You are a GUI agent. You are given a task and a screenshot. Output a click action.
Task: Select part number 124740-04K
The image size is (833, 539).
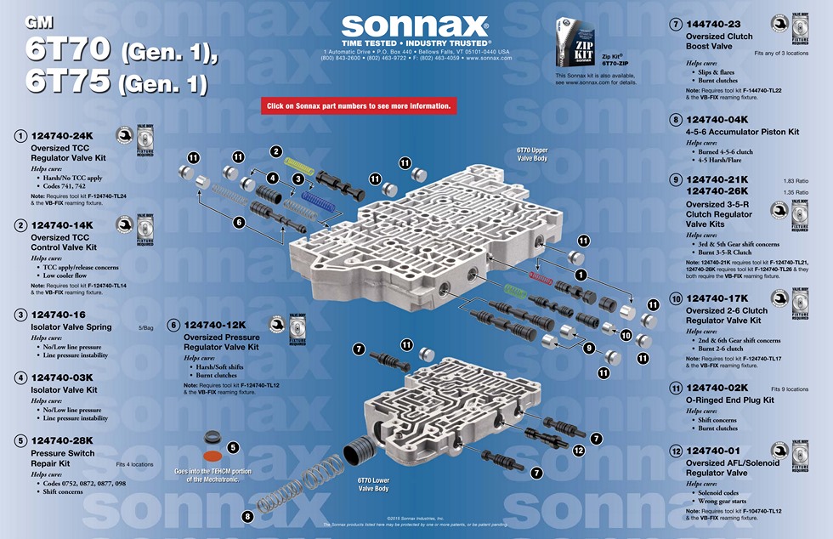[x=717, y=120]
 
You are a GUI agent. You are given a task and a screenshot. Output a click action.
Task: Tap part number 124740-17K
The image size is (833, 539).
[x=717, y=298]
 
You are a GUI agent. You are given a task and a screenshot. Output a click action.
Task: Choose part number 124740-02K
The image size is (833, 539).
[x=717, y=388]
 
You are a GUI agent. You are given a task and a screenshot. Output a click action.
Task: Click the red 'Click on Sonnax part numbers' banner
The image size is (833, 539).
[x=359, y=106]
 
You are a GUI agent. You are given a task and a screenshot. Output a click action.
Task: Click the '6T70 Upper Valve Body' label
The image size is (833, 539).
[x=532, y=154]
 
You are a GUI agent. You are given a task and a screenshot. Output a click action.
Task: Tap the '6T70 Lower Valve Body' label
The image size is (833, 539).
[x=373, y=485]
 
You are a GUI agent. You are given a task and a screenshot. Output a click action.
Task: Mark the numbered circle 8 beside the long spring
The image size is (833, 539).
[x=248, y=516]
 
